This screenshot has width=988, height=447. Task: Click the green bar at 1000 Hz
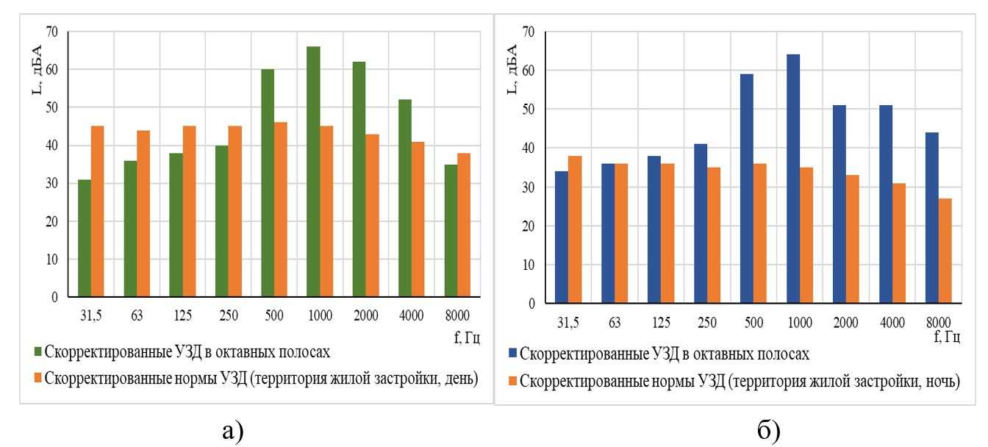314,172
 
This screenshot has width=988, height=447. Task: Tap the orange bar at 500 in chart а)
280,210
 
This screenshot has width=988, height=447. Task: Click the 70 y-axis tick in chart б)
528,32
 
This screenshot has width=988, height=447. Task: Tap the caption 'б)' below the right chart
739,428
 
